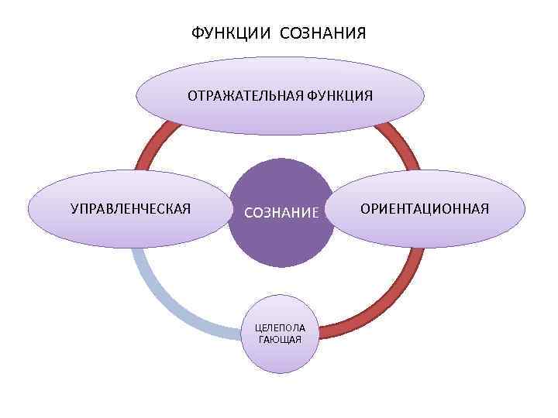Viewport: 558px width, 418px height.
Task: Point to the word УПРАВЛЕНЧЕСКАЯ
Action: (x=130, y=208)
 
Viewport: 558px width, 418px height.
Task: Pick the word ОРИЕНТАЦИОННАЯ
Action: (x=424, y=208)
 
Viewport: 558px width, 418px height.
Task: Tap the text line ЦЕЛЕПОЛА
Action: (x=281, y=327)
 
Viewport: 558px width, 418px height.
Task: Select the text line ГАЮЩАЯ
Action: (x=281, y=339)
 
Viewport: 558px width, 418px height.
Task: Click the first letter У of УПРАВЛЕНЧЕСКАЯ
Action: (x=74, y=208)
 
